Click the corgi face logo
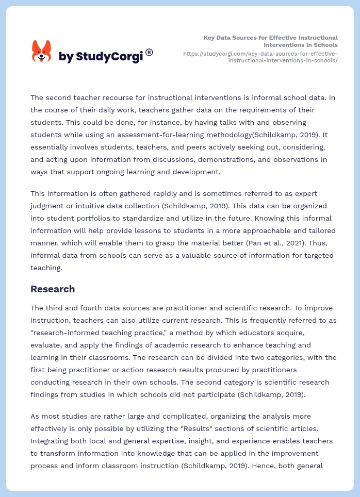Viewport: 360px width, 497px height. pos(42,52)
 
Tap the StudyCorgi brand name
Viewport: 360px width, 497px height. pos(101,57)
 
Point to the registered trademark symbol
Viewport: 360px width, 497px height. pos(149,52)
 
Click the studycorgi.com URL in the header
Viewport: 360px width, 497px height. pos(260,57)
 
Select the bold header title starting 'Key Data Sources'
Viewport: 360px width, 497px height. pos(271,41)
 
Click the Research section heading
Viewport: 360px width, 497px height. pos(53,289)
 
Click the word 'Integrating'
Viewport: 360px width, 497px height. pos(51,441)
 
